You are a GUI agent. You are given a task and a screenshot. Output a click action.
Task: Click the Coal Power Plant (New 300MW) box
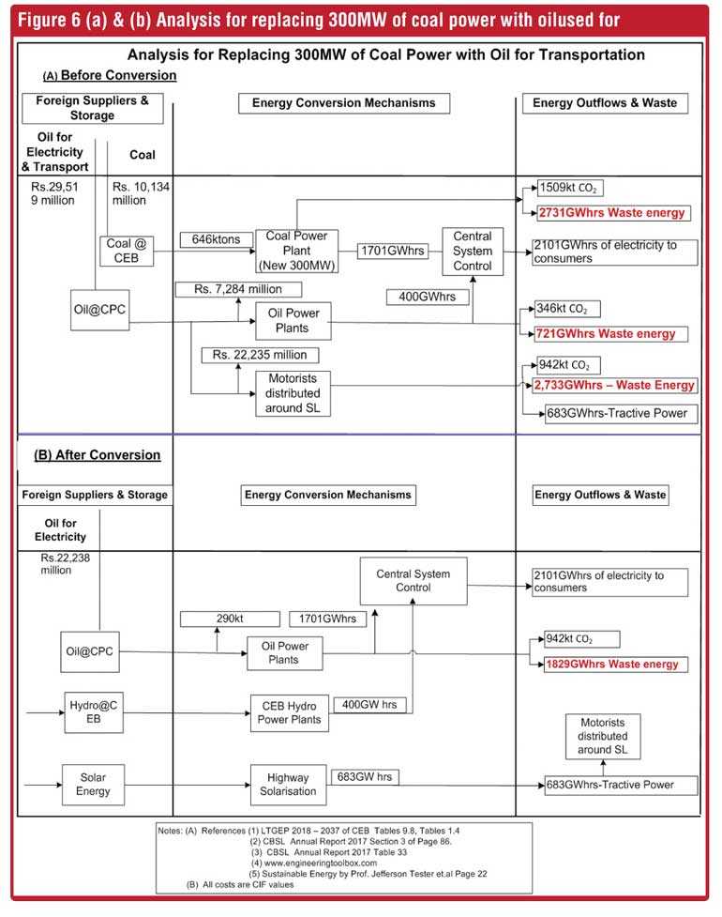296,251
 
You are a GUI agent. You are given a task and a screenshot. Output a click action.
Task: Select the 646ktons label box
217,239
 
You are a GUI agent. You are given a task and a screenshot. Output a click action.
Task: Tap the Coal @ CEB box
127,251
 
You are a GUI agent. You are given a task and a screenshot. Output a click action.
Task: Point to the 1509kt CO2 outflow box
569,188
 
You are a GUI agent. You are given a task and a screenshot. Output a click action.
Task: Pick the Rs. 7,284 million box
238,289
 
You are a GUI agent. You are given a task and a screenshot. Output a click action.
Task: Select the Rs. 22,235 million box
260,355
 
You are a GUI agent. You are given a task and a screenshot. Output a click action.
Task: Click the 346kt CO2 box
567,308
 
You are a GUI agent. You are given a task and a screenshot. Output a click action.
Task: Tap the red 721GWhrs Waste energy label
611,334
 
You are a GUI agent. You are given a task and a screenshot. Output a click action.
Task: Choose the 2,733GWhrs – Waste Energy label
614,386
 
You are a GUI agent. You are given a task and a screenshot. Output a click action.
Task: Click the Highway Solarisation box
288,785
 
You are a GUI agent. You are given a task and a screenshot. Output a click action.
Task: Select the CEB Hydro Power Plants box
290,713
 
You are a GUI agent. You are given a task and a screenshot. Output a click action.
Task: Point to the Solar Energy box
94,785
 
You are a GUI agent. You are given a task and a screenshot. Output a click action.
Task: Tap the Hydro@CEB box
94,712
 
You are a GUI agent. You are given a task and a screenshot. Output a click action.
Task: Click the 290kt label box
230,619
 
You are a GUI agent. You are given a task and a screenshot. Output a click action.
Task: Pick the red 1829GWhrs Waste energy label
615,665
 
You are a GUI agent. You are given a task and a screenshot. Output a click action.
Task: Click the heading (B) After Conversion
97,455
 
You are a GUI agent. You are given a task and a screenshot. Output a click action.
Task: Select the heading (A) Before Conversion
109,75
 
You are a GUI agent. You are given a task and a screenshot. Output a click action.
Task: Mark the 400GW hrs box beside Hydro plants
369,705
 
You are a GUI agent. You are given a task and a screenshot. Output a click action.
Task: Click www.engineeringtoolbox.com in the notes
321,863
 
